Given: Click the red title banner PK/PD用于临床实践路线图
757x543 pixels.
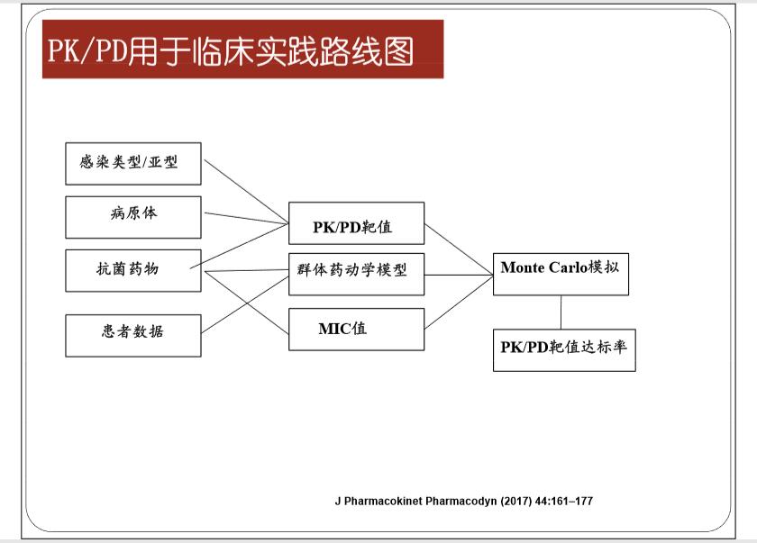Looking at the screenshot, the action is click(242, 49).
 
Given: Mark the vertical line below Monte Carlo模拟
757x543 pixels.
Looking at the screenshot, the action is click(561, 312).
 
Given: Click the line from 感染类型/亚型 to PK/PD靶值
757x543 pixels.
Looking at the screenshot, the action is click(246, 192).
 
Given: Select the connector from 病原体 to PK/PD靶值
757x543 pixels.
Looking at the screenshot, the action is click(246, 218).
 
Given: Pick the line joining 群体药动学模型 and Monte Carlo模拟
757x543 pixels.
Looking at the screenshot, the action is click(459, 275).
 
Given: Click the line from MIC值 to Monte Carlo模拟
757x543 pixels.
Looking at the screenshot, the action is click(459, 302).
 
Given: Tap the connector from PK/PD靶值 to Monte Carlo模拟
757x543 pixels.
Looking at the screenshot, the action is click(459, 249).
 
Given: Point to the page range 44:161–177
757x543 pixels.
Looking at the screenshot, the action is click(564, 501).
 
